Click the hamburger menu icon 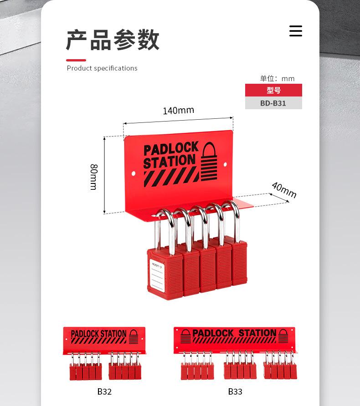[x=296, y=31]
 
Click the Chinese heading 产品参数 [x=113, y=40]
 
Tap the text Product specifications [x=102, y=68]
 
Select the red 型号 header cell [x=273, y=90]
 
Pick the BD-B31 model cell [x=273, y=103]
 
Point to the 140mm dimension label [x=179, y=111]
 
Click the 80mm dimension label [x=93, y=177]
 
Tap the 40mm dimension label [x=284, y=190]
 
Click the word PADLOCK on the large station [x=171, y=149]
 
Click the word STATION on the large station [x=169, y=162]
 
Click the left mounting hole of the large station [x=134, y=173]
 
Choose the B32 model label [x=104, y=391]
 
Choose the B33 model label [x=235, y=391]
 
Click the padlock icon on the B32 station [x=134, y=336]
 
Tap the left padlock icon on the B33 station [x=185, y=336]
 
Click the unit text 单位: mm [x=277, y=78]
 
